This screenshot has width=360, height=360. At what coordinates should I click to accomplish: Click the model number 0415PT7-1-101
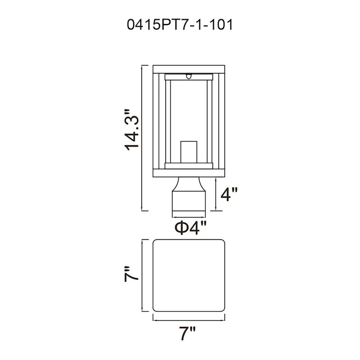tap(180, 25)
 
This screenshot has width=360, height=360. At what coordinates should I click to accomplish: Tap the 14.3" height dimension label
tap(132, 130)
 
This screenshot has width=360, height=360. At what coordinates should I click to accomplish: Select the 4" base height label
tap(229, 194)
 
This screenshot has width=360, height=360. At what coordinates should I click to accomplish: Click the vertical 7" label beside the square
tap(131, 274)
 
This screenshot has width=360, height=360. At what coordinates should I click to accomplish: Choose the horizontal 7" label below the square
tap(187, 333)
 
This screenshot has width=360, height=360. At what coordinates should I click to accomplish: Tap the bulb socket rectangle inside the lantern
tap(189, 152)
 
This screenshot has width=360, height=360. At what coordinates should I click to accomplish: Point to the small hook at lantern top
tap(189, 76)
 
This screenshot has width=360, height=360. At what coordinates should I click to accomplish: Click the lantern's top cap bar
tap(189, 69)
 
